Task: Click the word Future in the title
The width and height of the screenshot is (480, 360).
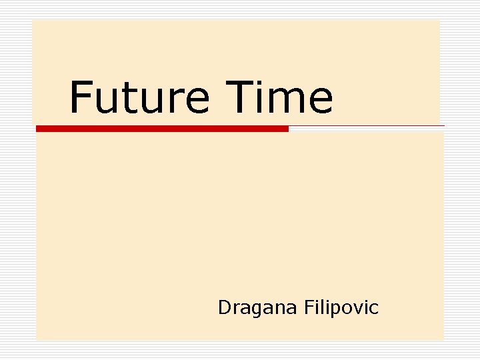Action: click(x=139, y=97)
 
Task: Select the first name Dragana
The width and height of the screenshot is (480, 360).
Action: click(x=257, y=308)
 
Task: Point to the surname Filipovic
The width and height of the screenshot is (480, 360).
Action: click(x=341, y=308)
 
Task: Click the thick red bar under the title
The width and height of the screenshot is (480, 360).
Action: click(x=162, y=129)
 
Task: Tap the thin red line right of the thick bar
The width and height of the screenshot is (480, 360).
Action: click(x=367, y=125)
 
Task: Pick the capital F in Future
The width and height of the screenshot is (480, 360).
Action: click(x=81, y=97)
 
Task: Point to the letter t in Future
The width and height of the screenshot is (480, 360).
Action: click(x=131, y=99)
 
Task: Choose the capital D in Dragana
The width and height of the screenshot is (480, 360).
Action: click(x=224, y=307)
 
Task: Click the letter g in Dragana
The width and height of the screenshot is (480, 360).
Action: click(x=252, y=310)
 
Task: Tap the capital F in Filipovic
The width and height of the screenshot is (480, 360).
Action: click(x=308, y=307)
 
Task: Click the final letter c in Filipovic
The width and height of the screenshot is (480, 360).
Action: click(x=374, y=309)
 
